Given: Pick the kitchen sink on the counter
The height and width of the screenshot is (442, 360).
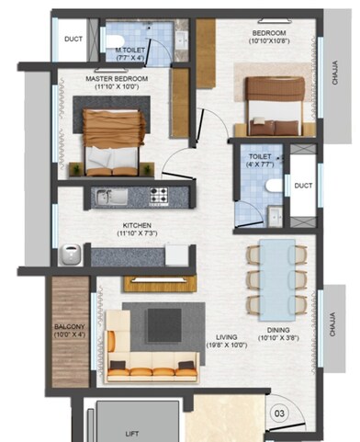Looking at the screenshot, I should pyautogui.click(x=108, y=195).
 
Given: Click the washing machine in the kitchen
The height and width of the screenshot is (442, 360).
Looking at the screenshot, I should pyautogui.click(x=69, y=254).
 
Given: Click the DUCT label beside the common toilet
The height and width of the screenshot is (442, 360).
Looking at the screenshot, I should pyautogui.click(x=303, y=186).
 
